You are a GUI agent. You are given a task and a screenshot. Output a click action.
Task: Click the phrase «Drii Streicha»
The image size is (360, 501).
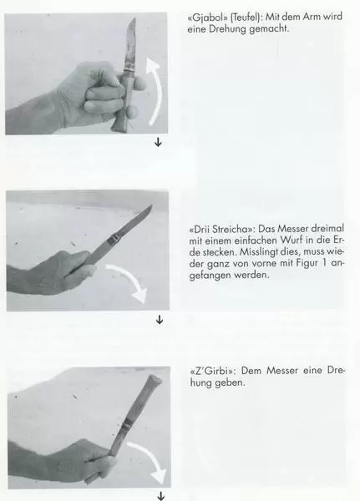coord(221,229)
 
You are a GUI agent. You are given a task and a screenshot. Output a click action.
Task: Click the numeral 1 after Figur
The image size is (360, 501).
coord(325,263)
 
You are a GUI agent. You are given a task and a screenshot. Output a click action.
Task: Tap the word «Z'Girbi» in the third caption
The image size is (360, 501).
coord(211,371)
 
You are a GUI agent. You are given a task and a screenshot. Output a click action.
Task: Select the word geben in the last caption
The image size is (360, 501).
coord(229,382)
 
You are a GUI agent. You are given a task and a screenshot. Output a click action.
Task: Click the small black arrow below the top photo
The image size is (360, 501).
coord(158,142)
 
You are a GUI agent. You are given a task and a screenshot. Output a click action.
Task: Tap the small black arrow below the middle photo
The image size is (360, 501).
coord(160,320)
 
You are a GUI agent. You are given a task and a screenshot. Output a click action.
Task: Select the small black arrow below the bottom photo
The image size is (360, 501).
coord(161,496)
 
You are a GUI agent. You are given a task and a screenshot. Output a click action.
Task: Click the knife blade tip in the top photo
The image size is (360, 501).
coord(134,18)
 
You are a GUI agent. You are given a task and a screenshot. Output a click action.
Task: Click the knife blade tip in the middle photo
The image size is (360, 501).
coord(150,206)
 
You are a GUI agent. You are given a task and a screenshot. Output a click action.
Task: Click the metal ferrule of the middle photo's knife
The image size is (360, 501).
coord(115,238)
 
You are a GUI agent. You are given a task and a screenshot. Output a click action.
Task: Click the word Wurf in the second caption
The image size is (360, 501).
coord(292,240)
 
